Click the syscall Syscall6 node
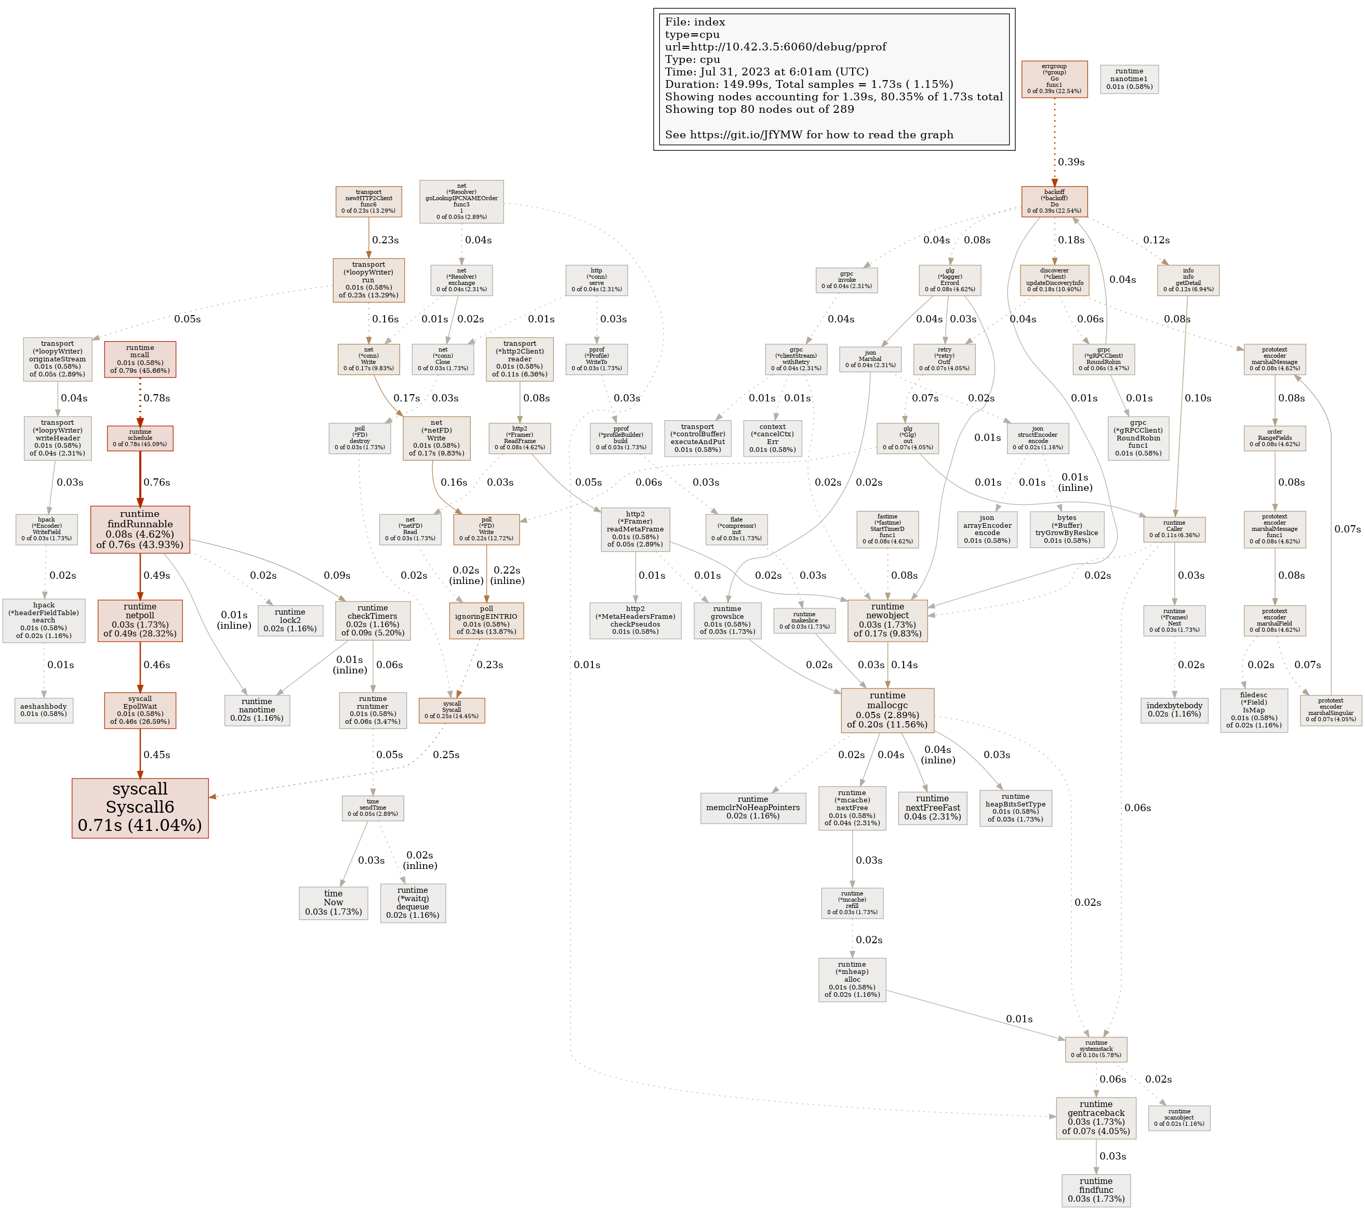click(x=140, y=807)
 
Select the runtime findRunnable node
click(x=140, y=529)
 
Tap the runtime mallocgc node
click(x=887, y=710)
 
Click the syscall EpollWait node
click(x=140, y=710)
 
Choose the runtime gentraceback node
click(x=1095, y=1117)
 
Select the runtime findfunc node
click(x=1095, y=1190)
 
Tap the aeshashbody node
click(x=44, y=710)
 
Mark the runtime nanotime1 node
click(x=1129, y=79)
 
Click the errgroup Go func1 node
click(x=1054, y=79)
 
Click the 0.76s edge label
click(x=157, y=482)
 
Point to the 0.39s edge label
click(x=1071, y=162)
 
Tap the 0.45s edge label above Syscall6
click(x=157, y=754)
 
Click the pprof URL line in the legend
click(x=775, y=47)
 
